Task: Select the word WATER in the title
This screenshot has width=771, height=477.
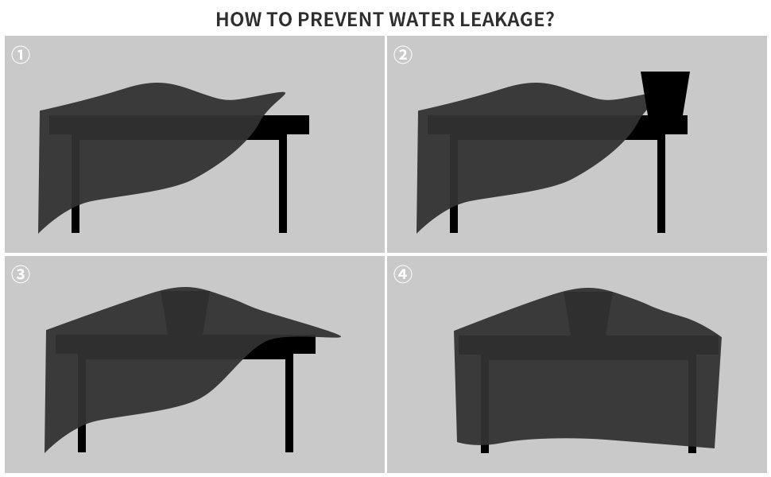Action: point(421,19)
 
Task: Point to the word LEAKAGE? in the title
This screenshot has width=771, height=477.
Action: point(507,19)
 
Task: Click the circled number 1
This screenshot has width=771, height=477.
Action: point(21,55)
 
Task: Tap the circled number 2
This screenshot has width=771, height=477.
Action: point(403,55)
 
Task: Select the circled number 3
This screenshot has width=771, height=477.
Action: point(21,274)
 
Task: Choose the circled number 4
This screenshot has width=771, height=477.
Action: point(403,274)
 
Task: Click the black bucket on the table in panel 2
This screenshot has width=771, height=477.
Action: point(665,94)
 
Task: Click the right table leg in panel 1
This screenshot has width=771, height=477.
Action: point(283,184)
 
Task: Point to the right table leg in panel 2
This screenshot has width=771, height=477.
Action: point(661,184)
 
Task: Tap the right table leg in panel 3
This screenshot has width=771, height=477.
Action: point(289,403)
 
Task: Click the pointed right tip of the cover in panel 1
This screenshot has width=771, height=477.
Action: point(285,93)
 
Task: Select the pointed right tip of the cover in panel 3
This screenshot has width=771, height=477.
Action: point(339,336)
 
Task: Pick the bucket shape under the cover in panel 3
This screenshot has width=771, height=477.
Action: point(185,312)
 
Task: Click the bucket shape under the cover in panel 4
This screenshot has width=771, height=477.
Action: point(588,312)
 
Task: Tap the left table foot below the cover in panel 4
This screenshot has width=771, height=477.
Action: point(485,448)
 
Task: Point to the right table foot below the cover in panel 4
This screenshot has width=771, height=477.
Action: point(692,449)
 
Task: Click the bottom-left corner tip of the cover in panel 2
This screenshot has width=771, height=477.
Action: point(417,232)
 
